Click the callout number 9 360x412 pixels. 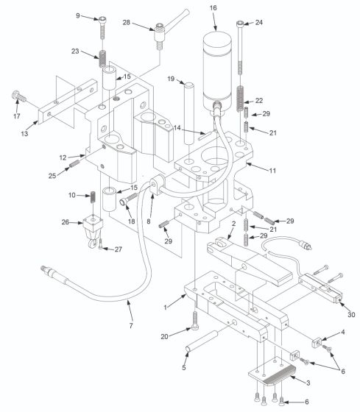point(78,15)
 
